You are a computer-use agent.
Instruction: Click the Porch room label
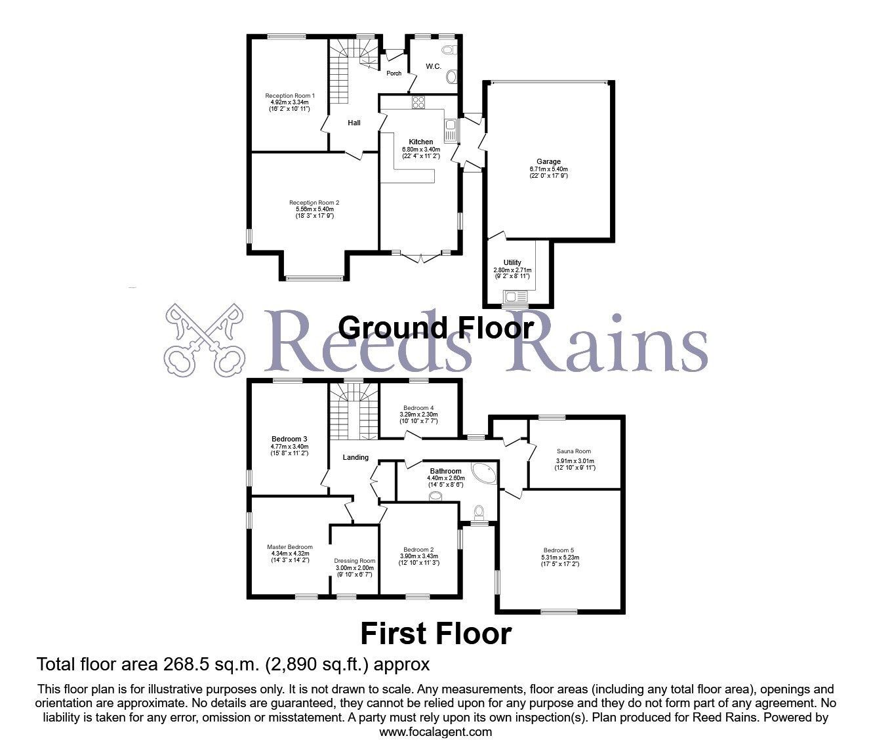(394, 73)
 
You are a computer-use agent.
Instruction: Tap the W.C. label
(433, 66)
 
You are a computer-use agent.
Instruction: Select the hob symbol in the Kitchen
(418, 102)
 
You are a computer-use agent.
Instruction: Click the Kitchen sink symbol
(451, 130)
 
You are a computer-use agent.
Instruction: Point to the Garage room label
(548, 161)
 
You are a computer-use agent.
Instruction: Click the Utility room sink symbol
(516, 296)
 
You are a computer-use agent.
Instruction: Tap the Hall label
(354, 123)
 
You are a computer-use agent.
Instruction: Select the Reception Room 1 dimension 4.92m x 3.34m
(289, 102)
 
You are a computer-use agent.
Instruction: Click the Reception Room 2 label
(314, 203)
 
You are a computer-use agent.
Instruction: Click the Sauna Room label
(573, 451)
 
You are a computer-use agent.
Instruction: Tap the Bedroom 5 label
(559, 550)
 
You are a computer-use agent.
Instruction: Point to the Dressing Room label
(354, 561)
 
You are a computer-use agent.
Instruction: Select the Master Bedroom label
(290, 547)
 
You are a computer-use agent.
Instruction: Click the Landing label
(355, 457)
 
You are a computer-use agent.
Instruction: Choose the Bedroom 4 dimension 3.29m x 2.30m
(418, 415)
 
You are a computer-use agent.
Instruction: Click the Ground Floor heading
(436, 329)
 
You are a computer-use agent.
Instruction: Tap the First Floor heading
(436, 634)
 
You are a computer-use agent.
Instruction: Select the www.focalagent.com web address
(436, 732)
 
